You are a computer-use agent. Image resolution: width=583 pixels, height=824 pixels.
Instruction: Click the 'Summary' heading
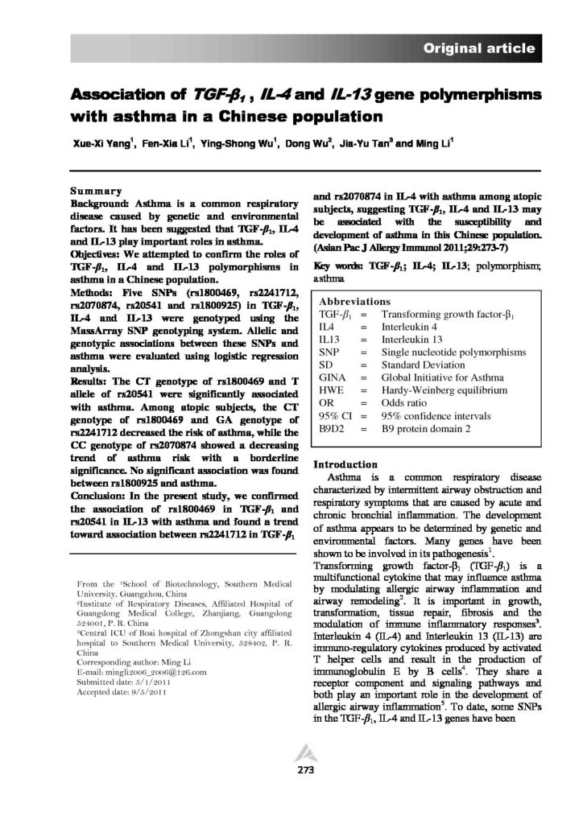96,193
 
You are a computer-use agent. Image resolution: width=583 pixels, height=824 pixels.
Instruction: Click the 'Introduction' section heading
345,464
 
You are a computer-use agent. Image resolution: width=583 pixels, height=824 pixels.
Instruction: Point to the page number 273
292,770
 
